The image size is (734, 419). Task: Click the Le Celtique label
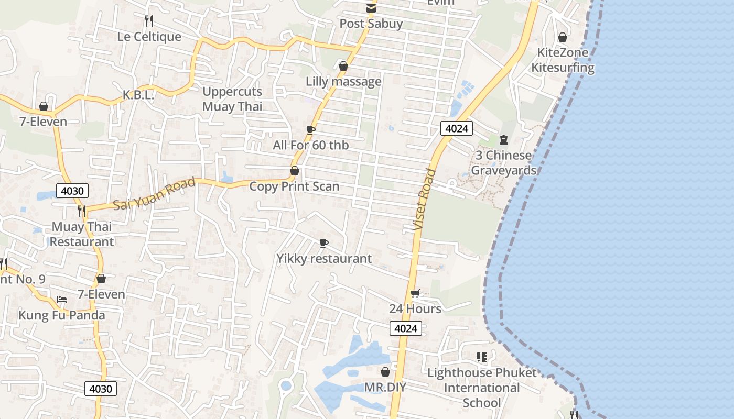tap(149, 37)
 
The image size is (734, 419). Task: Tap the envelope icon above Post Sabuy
tap(371, 8)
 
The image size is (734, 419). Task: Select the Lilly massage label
tap(343, 82)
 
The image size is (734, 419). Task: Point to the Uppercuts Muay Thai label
tap(232, 99)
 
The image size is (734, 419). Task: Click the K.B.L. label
tap(138, 95)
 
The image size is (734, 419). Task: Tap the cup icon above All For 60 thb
tap(311, 130)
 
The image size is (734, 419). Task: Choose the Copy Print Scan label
tap(294, 186)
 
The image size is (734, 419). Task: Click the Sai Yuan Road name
tap(154, 194)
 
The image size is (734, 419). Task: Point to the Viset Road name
tap(424, 200)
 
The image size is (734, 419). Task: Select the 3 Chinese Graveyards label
tap(503, 163)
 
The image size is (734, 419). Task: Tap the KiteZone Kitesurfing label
tap(563, 60)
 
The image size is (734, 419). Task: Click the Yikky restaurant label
tap(324, 258)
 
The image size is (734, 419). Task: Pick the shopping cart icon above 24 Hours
tap(415, 293)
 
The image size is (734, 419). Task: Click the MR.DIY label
tap(385, 387)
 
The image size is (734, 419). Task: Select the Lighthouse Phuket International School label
tap(482, 388)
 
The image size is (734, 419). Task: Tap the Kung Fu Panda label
tap(62, 315)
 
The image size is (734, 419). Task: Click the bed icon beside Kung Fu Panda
tap(62, 300)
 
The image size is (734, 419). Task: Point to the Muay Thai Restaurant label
tap(81, 234)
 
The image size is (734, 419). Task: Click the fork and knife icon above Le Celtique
tap(149, 21)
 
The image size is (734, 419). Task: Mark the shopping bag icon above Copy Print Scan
tap(295, 171)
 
